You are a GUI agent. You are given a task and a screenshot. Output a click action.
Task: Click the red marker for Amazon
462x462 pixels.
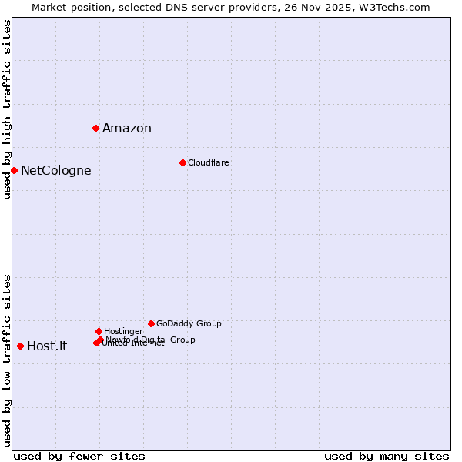pyautogui.click(x=95, y=128)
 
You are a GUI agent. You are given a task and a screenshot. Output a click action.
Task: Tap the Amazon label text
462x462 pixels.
pyautogui.click(x=127, y=129)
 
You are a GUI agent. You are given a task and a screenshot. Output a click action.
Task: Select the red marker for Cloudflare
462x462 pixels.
pyautogui.click(x=182, y=162)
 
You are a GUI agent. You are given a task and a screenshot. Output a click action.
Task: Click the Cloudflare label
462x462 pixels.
pyautogui.click(x=209, y=163)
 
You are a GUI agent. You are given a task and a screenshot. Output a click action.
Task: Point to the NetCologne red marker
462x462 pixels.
pyautogui.click(x=14, y=170)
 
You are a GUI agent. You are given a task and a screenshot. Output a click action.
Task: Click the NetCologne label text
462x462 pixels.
pyautogui.click(x=56, y=171)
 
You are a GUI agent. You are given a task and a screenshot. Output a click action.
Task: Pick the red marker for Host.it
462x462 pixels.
pyautogui.click(x=20, y=346)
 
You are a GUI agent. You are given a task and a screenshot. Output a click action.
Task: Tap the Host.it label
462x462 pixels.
pyautogui.click(x=47, y=346)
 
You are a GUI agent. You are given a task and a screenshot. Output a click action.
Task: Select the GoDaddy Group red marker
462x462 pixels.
pyautogui.click(x=151, y=323)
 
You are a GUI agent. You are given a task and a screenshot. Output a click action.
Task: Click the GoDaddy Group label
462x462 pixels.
pyautogui.click(x=189, y=324)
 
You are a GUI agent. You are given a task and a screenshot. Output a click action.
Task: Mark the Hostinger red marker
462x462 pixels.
pyautogui.click(x=99, y=331)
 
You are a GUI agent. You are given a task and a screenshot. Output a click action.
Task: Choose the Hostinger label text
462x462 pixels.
pyautogui.click(x=124, y=332)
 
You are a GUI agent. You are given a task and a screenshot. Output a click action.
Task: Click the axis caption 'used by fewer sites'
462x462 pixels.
pyautogui.click(x=79, y=456)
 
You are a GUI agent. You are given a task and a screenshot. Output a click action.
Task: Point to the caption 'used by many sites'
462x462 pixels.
pyautogui.click(x=387, y=456)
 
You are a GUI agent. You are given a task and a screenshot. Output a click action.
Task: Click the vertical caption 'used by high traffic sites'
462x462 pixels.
pyautogui.click(x=7, y=109)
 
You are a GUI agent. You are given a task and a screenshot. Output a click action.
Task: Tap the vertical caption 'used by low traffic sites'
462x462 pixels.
pyautogui.click(x=7, y=360)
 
